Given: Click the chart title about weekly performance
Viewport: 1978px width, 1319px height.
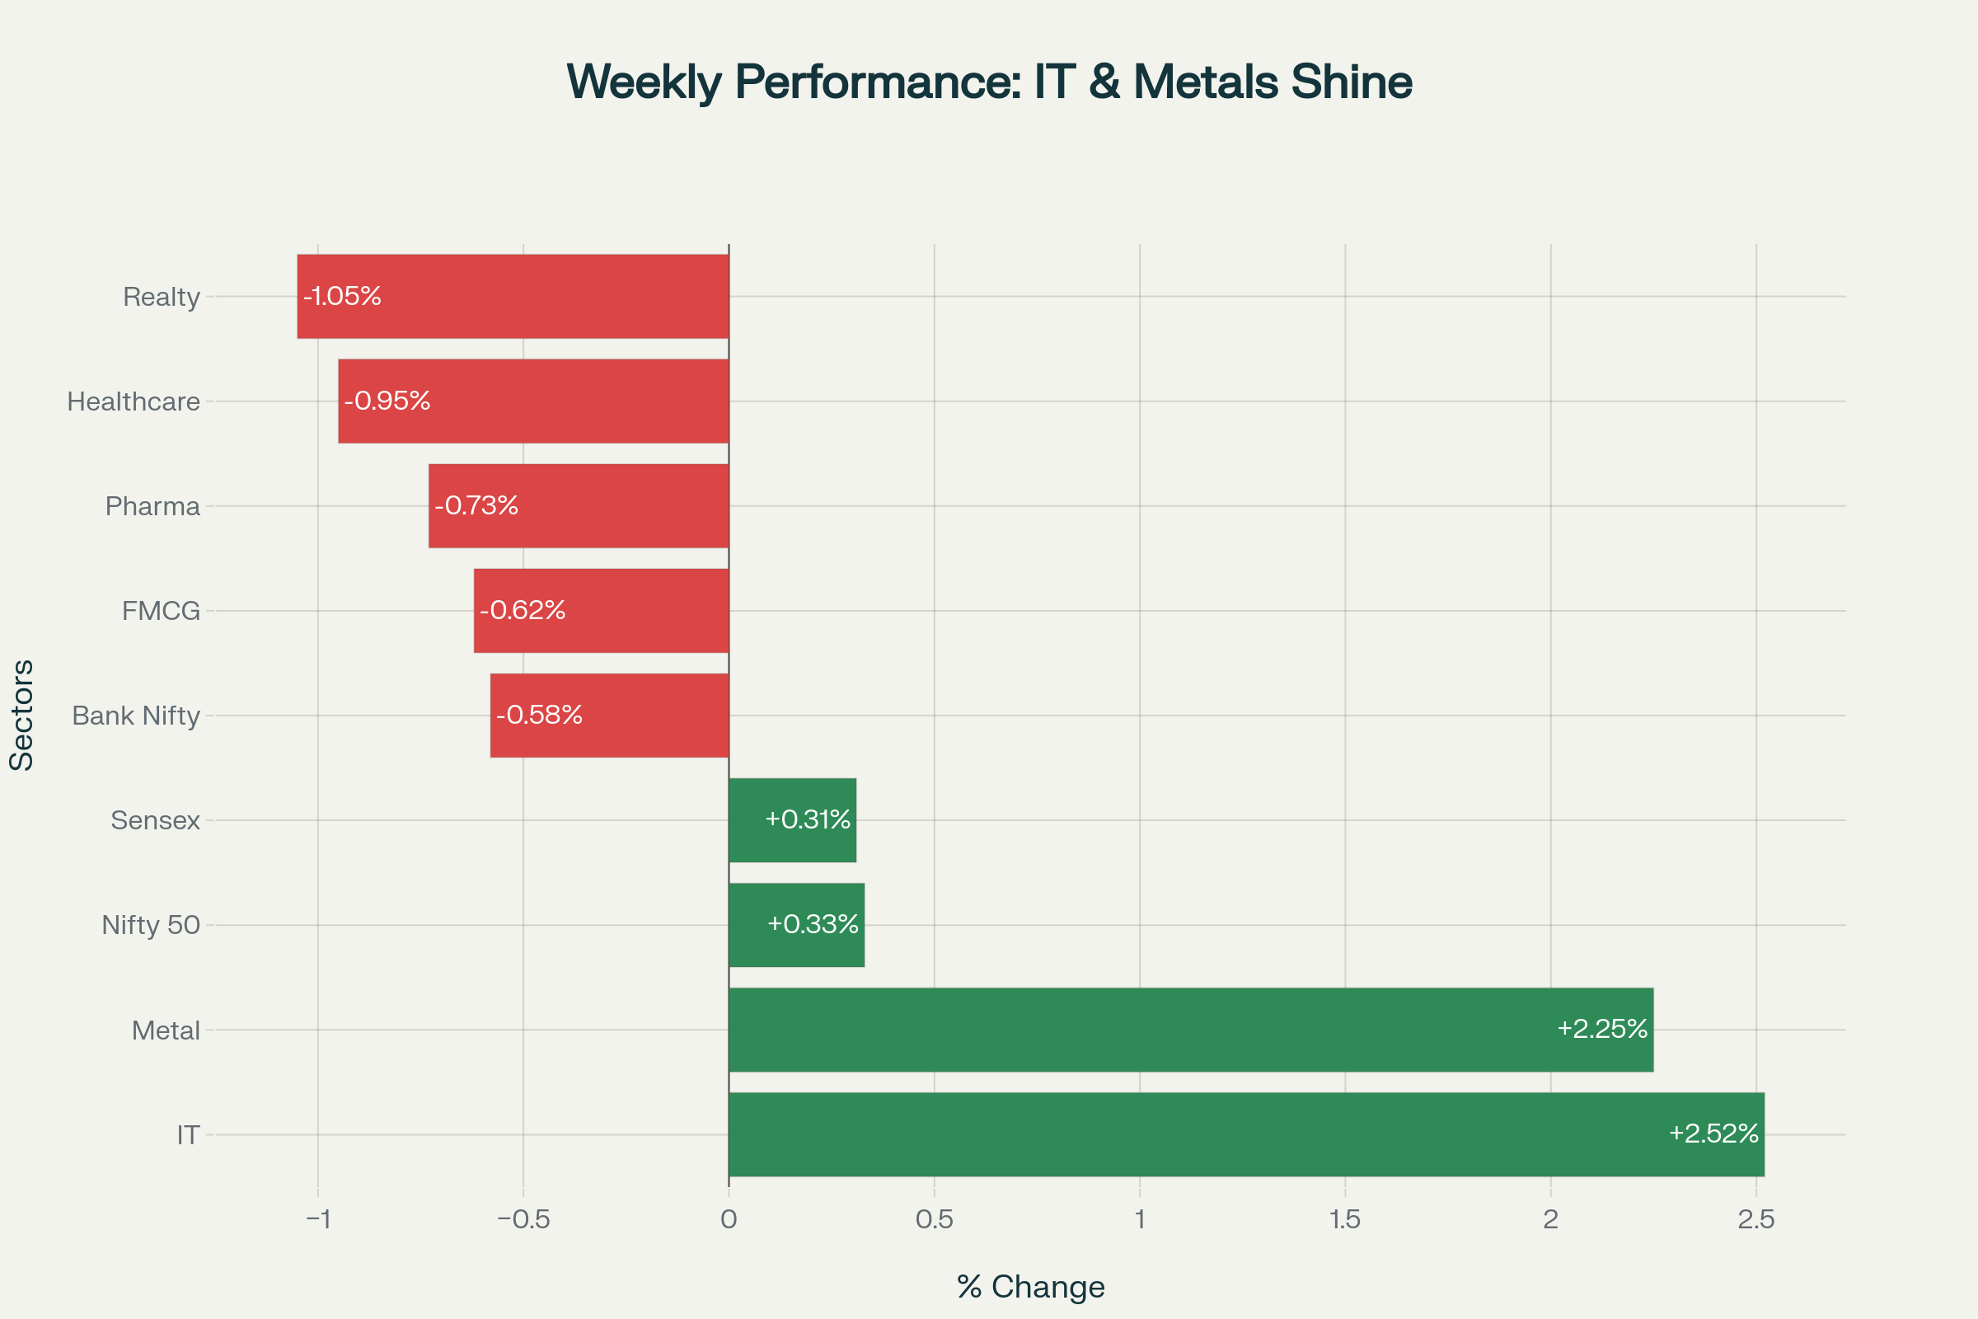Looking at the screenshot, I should point(989,82).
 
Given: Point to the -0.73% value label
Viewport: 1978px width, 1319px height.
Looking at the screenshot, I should point(476,505).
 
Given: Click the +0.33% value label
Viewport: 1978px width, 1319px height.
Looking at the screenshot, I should point(813,924).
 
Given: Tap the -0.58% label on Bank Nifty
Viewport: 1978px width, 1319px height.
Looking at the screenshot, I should point(539,715).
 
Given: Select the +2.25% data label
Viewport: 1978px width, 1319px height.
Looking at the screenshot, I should point(1602,1029).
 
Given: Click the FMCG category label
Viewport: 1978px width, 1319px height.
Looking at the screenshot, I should point(162,611).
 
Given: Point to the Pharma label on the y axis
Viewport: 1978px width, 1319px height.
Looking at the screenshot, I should point(153,506).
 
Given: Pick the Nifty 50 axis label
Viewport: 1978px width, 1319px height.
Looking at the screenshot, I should point(152,925).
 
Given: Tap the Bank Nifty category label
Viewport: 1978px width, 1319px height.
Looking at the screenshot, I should point(136,716).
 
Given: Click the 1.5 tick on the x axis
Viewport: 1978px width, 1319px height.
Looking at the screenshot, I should point(1345,1220).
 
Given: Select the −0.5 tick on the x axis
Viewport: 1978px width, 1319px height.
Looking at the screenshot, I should point(523,1220).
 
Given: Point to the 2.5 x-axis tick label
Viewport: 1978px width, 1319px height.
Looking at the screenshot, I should point(1756,1220).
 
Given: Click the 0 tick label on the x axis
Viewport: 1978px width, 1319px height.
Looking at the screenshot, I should point(729,1220).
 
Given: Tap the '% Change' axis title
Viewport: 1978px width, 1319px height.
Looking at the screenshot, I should point(1030,1287).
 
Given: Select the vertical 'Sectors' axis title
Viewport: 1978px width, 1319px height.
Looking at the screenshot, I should point(22,715).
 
